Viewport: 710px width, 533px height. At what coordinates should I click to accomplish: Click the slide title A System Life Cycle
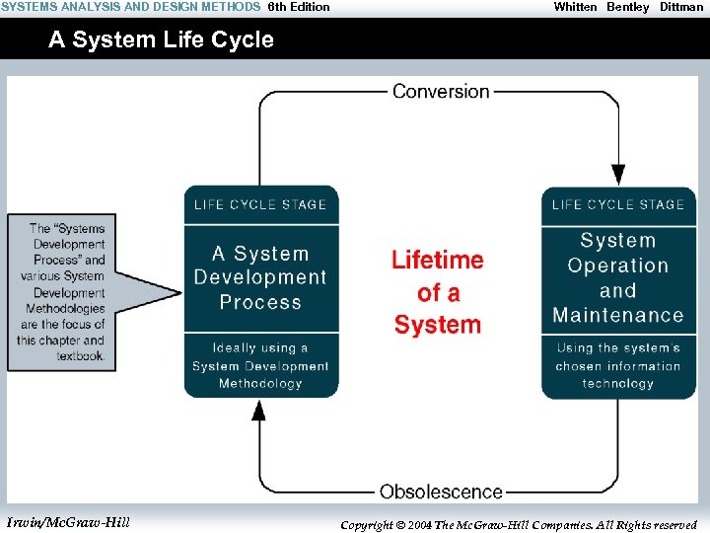point(162,40)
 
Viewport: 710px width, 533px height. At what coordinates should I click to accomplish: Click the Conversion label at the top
point(441,91)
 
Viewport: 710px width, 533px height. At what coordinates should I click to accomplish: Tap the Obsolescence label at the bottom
point(441,491)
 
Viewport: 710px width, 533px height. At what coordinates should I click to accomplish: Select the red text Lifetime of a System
point(438,292)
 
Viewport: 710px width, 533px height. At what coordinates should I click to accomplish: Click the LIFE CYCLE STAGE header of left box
point(260,204)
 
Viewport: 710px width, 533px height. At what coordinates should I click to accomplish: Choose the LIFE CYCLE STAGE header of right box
point(618,204)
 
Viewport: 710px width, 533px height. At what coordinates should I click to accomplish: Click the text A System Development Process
point(260,278)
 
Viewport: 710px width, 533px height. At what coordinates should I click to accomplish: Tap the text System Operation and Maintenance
point(618,278)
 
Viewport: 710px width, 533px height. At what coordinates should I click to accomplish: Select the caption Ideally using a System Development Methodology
point(260,365)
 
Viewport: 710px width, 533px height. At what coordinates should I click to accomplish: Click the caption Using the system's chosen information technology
point(618,365)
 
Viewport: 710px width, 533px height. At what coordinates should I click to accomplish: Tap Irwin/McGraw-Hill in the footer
point(67,522)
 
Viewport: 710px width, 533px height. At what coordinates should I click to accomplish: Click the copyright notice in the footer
point(519,524)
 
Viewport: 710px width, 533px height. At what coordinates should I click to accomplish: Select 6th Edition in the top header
point(299,7)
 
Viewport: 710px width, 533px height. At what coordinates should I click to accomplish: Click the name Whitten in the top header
point(575,7)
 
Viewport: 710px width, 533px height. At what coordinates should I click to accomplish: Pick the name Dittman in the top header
point(681,7)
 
